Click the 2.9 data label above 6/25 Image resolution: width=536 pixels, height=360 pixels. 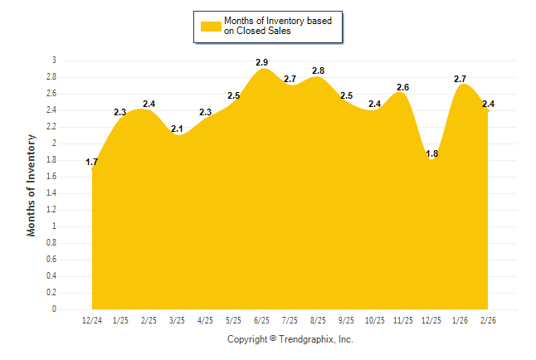coord(262,62)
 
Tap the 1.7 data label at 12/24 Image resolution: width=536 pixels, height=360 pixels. coord(92,162)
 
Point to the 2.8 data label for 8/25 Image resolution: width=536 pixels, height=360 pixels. coord(318,71)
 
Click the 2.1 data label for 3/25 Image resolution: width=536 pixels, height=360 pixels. coord(177,129)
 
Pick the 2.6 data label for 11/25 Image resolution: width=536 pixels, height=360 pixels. coord(402,87)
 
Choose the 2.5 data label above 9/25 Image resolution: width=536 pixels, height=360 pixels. coord(346,95)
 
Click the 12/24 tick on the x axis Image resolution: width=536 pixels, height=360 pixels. coord(92,320)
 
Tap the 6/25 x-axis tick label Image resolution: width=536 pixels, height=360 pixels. coord(261,320)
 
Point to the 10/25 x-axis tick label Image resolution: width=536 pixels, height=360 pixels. coord(374,320)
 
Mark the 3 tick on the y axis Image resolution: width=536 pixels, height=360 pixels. coord(54,61)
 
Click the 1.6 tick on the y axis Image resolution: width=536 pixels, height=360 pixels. coord(51,177)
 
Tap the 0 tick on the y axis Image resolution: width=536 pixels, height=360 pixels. coord(54,309)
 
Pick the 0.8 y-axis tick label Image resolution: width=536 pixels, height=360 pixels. coord(51,243)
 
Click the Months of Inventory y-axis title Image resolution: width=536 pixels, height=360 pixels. coord(32,185)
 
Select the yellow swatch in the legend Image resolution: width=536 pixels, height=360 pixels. coord(211,26)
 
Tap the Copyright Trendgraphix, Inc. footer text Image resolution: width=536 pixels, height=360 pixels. coord(290,339)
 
